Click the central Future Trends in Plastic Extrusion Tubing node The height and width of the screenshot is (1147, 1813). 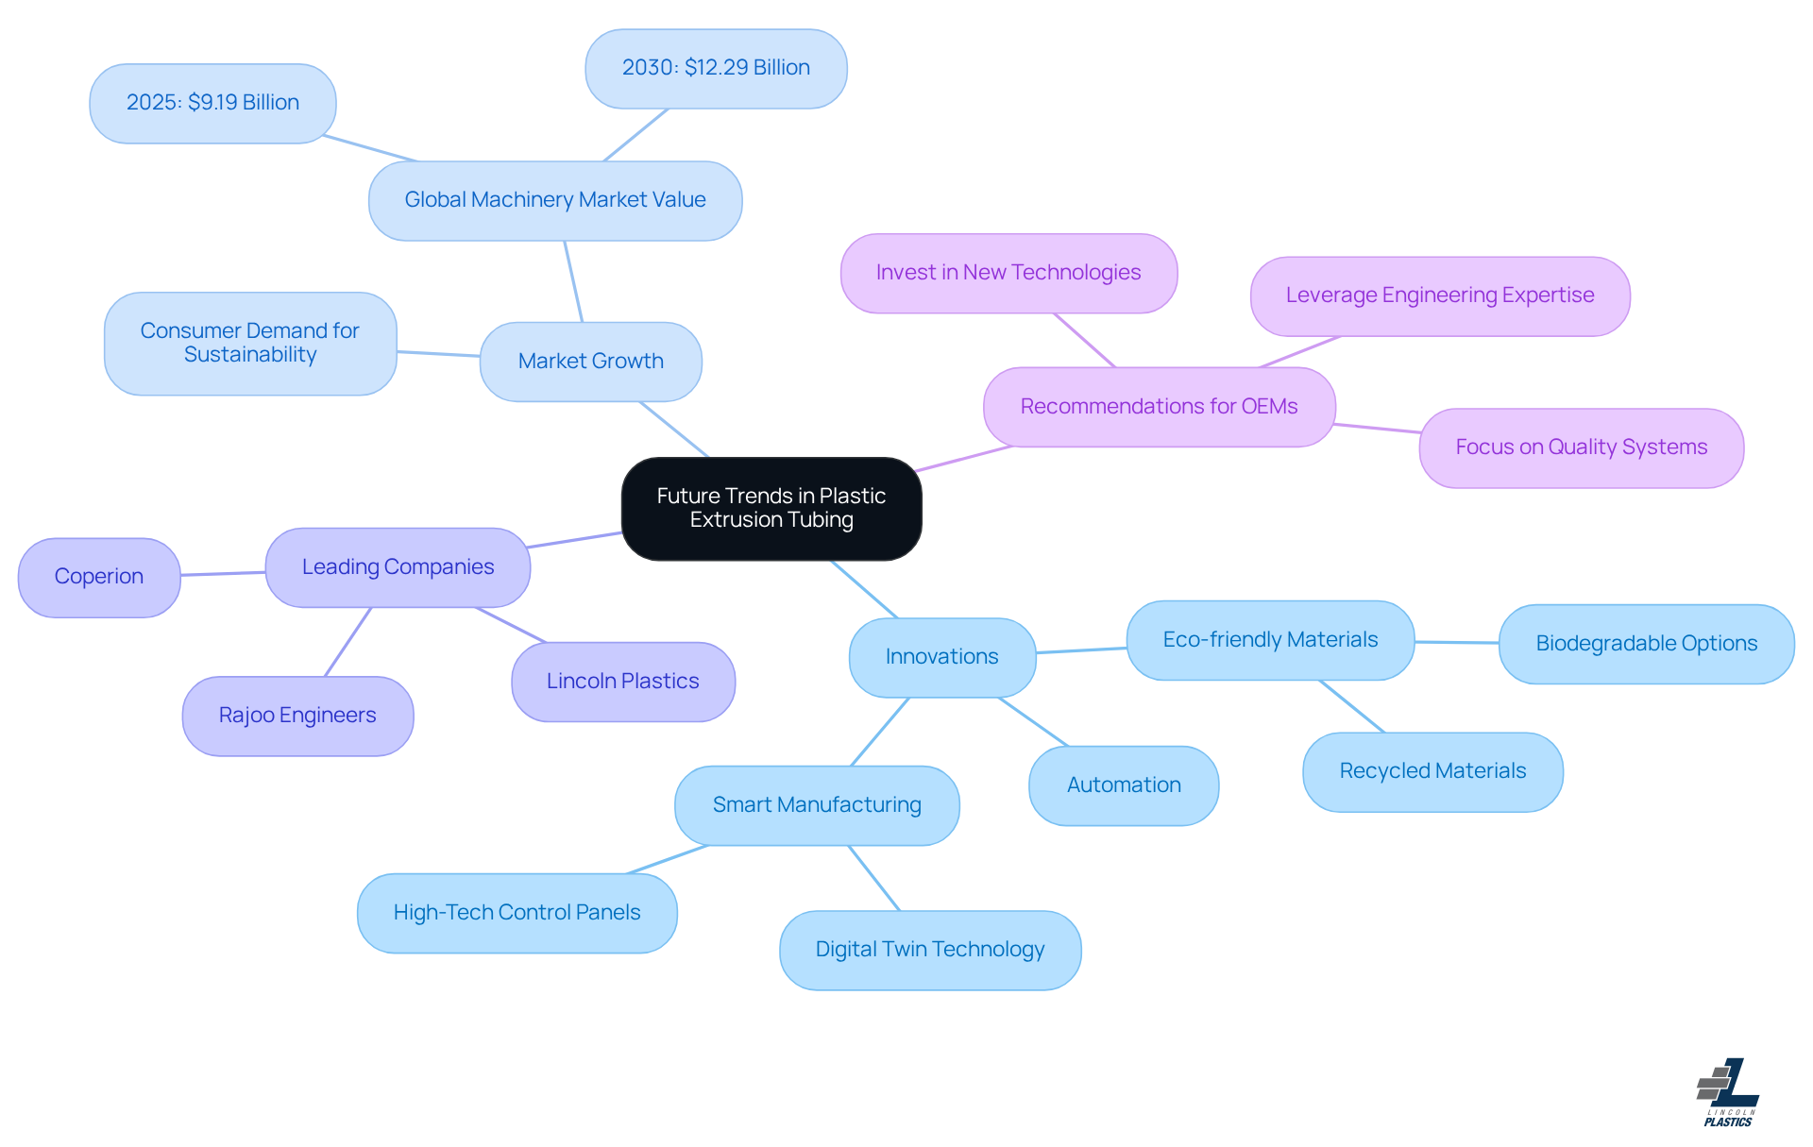pos(771,509)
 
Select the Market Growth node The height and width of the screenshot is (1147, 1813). pos(590,362)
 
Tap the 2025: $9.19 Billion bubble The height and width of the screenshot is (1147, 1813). pos(212,103)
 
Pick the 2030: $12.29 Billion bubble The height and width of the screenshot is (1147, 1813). pos(716,68)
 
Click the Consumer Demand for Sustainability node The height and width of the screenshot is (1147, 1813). pos(250,343)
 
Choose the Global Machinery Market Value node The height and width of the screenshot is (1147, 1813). pos(555,200)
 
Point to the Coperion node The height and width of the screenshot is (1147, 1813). pos(99,577)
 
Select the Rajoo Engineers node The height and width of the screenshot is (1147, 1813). pos(297,716)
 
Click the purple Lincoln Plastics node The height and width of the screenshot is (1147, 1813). pos(623,682)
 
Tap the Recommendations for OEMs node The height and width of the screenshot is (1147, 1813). pos(1159,407)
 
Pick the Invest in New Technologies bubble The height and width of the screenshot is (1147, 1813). pos(1008,273)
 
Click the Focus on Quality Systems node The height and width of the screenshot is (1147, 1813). pos(1581,447)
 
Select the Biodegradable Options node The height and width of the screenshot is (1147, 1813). pos(1646,644)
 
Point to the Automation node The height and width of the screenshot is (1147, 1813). pos(1124,785)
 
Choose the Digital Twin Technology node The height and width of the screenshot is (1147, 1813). pos(930,950)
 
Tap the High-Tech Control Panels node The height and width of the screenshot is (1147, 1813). pos(517,913)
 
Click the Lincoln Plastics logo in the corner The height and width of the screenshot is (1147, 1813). pos(1728,1092)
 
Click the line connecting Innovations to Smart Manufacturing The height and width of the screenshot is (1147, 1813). pos(880,732)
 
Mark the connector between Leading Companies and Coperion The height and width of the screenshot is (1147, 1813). pos(223,573)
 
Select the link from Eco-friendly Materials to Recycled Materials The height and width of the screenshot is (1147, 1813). pos(1352,706)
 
